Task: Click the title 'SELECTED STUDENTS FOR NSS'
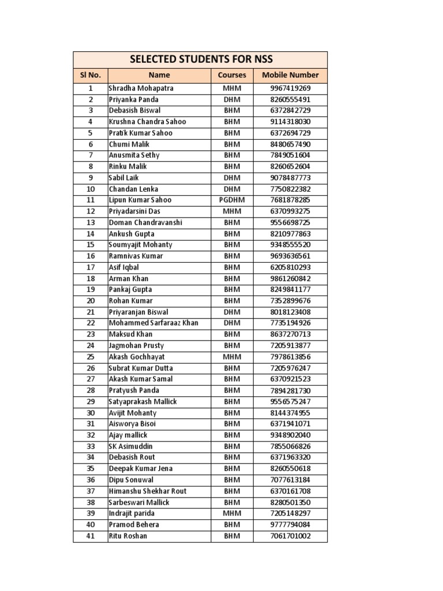pos(201,59)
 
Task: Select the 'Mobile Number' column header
pos(290,75)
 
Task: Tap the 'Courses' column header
pos(232,75)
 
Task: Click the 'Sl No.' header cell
pos(90,75)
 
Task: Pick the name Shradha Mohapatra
pos(141,88)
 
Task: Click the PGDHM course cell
pos(232,200)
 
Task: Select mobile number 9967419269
pos(290,88)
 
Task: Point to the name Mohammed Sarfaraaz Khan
pos(153,323)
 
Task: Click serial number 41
pos(90,536)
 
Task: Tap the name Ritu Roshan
pos(128,536)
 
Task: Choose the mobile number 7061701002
pos(290,536)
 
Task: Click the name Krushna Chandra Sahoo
pos(148,122)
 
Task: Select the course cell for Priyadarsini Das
pos(232,211)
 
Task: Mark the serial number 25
pos(90,357)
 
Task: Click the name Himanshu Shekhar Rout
pos(148,491)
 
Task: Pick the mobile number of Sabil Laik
pos(290,178)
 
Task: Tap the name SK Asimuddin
pos(132,446)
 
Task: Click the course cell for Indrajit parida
pos(232,514)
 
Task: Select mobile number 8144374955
pos(290,413)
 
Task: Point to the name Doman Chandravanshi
pos(145,222)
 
